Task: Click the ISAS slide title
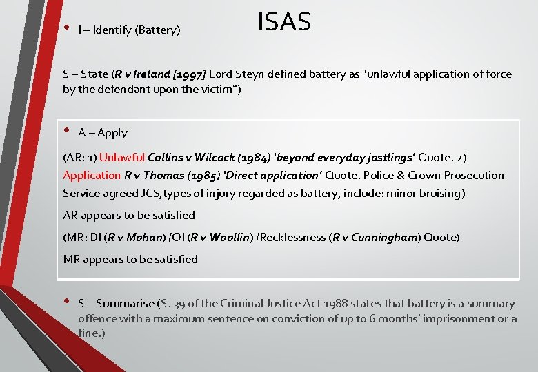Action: point(284,23)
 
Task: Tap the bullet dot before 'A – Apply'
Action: point(68,130)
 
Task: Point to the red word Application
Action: point(91,175)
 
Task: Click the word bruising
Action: point(439,193)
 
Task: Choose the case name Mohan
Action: point(143,237)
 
